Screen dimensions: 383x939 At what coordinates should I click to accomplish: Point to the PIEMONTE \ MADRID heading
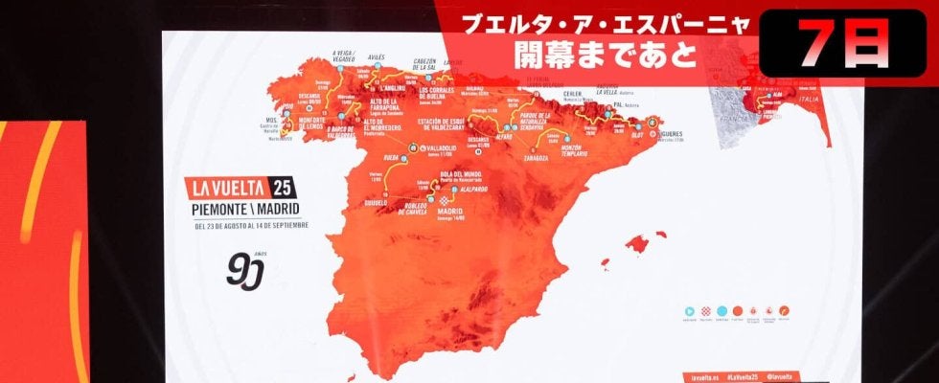pyautogui.click(x=242, y=209)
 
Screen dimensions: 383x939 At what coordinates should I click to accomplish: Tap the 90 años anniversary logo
pyautogui.click(x=244, y=270)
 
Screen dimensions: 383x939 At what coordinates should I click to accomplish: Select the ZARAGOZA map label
pyautogui.click(x=536, y=157)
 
